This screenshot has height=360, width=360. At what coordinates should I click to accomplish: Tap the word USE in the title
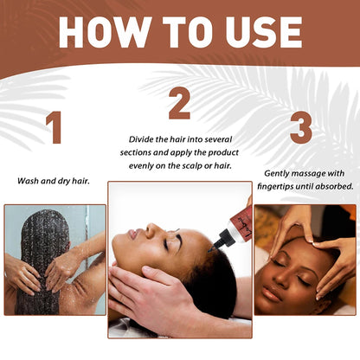click(x=260, y=31)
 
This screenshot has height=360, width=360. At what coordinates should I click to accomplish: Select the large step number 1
click(x=54, y=128)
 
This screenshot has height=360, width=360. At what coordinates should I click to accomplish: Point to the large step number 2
click(x=179, y=104)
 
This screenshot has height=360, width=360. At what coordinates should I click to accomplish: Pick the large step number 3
click(x=300, y=128)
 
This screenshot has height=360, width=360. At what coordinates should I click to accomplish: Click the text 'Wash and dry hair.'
click(x=54, y=181)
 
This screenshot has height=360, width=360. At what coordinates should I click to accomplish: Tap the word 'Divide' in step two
click(x=143, y=138)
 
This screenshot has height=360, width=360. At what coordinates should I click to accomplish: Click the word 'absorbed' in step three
click(x=333, y=186)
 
